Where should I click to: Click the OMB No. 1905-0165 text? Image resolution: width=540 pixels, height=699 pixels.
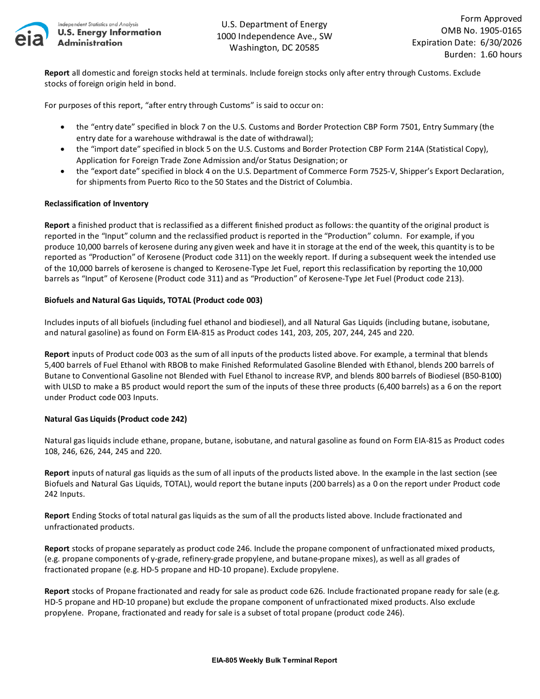coord(481,31)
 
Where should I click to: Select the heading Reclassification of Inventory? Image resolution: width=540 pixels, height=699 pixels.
coord(96,203)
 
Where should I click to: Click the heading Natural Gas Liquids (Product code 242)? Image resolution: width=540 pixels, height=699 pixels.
coord(115,419)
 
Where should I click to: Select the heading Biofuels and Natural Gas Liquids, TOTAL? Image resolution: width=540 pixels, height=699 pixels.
coord(153,300)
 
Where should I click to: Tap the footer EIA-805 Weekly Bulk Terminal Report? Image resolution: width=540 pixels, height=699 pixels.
coord(274,660)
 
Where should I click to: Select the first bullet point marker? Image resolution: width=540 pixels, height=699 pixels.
coord(62,127)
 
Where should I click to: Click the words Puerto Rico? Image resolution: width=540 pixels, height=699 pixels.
coord(163,182)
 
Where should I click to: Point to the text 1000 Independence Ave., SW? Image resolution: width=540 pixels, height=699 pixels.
coord(274,36)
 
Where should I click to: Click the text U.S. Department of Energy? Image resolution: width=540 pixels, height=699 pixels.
coord(274,24)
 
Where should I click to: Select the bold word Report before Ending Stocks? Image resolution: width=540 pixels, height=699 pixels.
coord(57,516)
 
